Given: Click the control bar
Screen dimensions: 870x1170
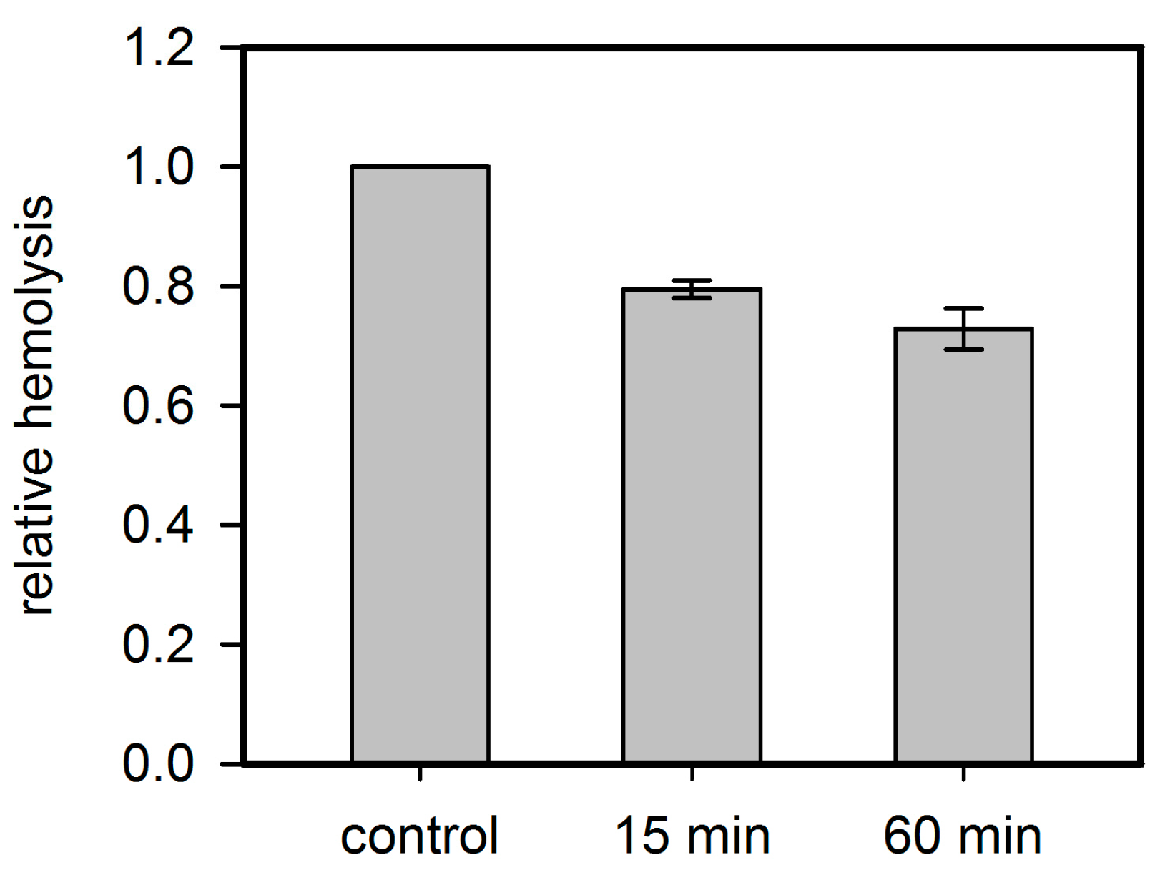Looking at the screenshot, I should pyautogui.click(x=420, y=465).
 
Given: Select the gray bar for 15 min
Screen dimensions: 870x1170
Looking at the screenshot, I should pyautogui.click(x=692, y=525).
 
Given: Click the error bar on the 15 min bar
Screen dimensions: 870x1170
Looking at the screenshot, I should pyautogui.click(x=692, y=289).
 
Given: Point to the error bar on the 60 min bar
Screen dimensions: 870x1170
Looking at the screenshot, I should pyautogui.click(x=963, y=329).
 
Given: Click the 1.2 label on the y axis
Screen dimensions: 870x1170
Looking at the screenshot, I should pyautogui.click(x=158, y=49).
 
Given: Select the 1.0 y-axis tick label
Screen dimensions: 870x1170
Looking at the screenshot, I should pyautogui.click(x=158, y=168).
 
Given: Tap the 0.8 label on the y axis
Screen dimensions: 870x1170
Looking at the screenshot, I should pyautogui.click(x=158, y=287).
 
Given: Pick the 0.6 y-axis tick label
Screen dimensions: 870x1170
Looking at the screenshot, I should pyautogui.click(x=158, y=406).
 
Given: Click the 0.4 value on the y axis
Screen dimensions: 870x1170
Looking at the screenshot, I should pyautogui.click(x=158, y=525).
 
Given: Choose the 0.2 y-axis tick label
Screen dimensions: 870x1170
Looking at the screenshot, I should pyautogui.click(x=158, y=645).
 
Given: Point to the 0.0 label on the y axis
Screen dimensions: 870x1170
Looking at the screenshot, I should pyautogui.click(x=158, y=764).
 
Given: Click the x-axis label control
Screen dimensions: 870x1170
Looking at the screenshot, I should pyautogui.click(x=419, y=836).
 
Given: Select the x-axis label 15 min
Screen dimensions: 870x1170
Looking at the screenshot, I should pyautogui.click(x=692, y=836).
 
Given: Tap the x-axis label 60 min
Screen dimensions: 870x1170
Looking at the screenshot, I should pyautogui.click(x=963, y=836).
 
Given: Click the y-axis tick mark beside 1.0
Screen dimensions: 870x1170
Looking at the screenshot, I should pyautogui.click(x=231, y=167).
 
